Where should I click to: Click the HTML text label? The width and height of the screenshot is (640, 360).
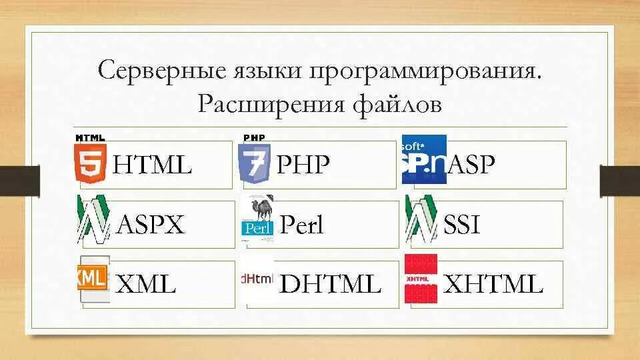click(153, 165)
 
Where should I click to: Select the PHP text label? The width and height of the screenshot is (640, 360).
click(303, 165)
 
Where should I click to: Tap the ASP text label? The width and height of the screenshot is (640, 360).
click(471, 165)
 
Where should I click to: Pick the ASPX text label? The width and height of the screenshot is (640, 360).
click(150, 225)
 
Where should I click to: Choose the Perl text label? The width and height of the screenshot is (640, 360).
click(302, 225)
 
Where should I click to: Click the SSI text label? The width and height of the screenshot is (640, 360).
click(461, 225)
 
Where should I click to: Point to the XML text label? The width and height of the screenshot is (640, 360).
click(146, 285)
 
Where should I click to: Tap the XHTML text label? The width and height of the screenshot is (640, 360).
click(493, 285)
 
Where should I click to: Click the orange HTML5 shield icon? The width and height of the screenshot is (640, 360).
click(90, 159)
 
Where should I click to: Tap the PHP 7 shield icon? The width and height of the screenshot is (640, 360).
click(254, 161)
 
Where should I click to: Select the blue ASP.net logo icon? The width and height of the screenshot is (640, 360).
click(424, 159)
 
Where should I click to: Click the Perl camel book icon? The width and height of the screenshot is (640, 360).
click(257, 219)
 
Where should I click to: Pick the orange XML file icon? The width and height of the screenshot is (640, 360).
click(93, 279)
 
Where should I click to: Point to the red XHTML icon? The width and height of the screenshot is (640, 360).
click(421, 279)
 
